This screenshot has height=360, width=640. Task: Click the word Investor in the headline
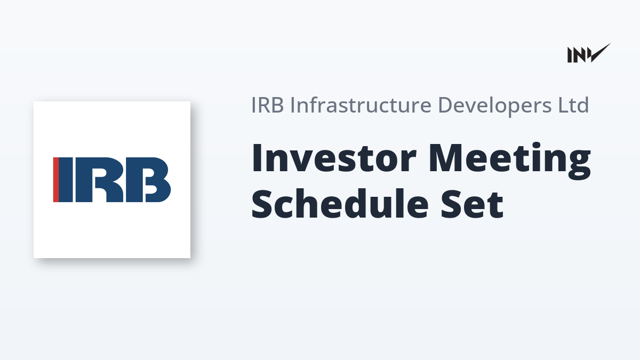334,158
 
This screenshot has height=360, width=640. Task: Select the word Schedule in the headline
340,203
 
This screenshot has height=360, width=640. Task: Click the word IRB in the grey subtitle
267,105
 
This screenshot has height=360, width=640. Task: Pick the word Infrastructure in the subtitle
361,105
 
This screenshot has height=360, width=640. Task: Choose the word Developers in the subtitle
494,106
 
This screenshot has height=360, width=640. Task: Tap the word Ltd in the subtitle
574,105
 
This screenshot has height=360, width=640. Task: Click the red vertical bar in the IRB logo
56,180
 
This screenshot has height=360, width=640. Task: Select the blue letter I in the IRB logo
66,180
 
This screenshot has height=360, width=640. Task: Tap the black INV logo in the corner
589,53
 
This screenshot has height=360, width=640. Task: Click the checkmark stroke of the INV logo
601,53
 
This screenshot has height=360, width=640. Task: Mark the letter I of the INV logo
570,55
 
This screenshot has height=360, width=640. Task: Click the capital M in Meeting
446,158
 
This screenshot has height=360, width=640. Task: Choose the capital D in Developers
445,105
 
